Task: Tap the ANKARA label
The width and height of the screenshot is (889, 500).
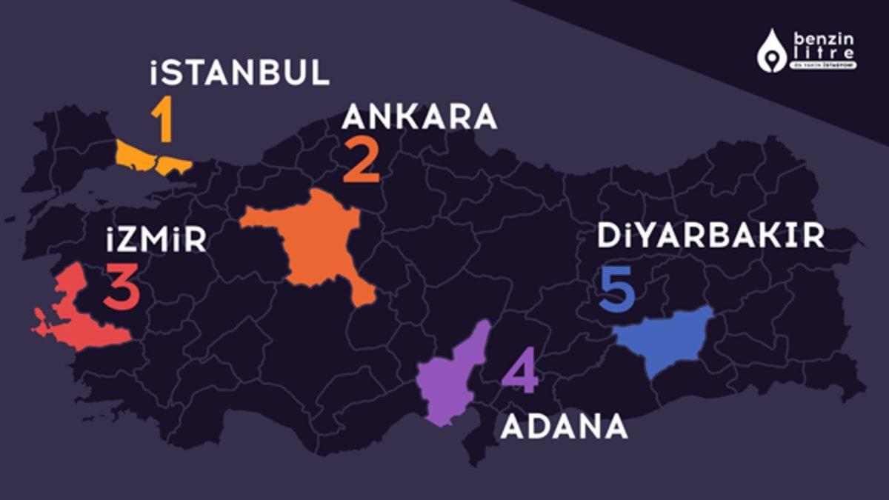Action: pyautogui.click(x=419, y=117)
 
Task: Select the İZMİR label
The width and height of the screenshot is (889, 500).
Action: pyautogui.click(x=155, y=240)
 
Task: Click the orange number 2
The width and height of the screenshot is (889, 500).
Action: pyautogui.click(x=362, y=163)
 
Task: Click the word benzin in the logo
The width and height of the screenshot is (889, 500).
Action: pyautogui.click(x=825, y=38)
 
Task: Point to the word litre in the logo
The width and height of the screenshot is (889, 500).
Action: pyautogui.click(x=825, y=53)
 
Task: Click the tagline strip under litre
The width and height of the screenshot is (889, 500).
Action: pyautogui.click(x=825, y=67)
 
